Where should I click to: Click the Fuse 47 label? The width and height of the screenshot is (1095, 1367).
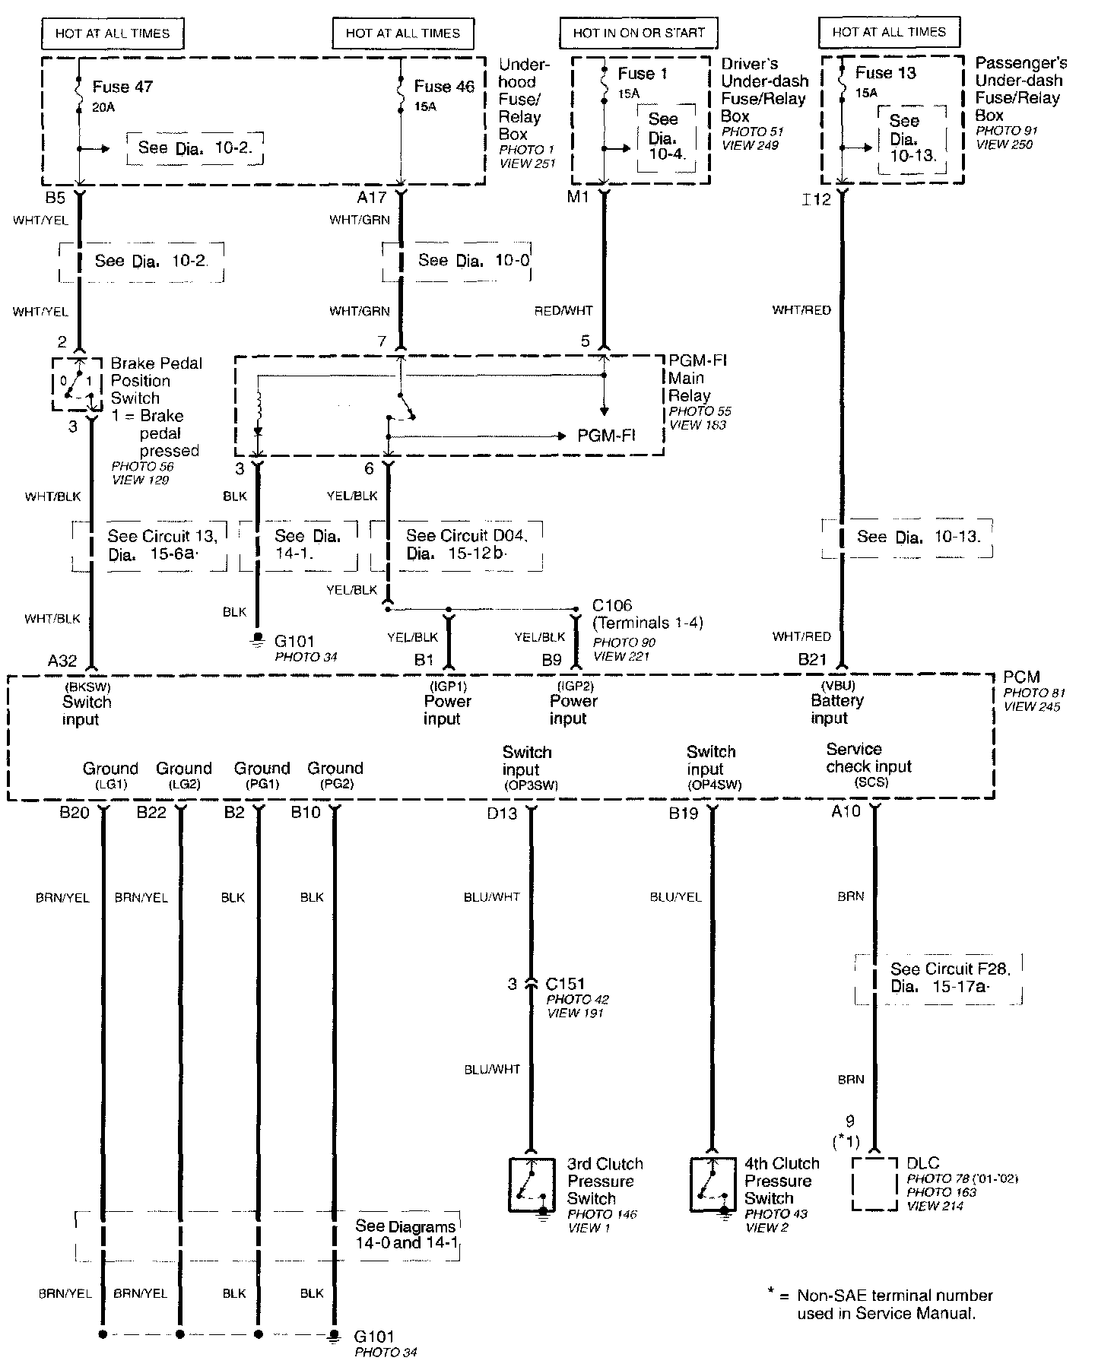(x=122, y=87)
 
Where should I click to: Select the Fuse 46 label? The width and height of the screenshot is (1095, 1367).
(x=444, y=87)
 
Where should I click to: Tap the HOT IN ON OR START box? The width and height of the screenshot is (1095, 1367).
(x=639, y=33)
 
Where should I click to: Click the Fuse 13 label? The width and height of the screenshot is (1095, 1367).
(x=885, y=74)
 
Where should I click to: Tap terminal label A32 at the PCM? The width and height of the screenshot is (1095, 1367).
(x=62, y=661)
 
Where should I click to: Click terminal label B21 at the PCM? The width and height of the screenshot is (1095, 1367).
(x=812, y=659)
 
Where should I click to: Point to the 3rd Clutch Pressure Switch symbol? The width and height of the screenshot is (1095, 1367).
(x=532, y=1185)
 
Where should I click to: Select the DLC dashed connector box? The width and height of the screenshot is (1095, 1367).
(x=874, y=1184)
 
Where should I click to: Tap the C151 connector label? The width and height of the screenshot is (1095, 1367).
(x=565, y=983)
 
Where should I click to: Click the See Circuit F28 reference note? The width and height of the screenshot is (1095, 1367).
(x=939, y=978)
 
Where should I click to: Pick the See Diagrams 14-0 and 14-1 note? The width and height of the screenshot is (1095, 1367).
(x=405, y=1235)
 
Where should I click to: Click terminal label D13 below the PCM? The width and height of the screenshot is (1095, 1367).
(x=502, y=814)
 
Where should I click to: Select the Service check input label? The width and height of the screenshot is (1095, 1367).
(x=868, y=758)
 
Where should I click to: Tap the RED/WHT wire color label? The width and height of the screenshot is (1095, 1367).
(x=563, y=310)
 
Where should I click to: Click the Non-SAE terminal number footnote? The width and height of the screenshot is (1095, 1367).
(x=886, y=1304)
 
